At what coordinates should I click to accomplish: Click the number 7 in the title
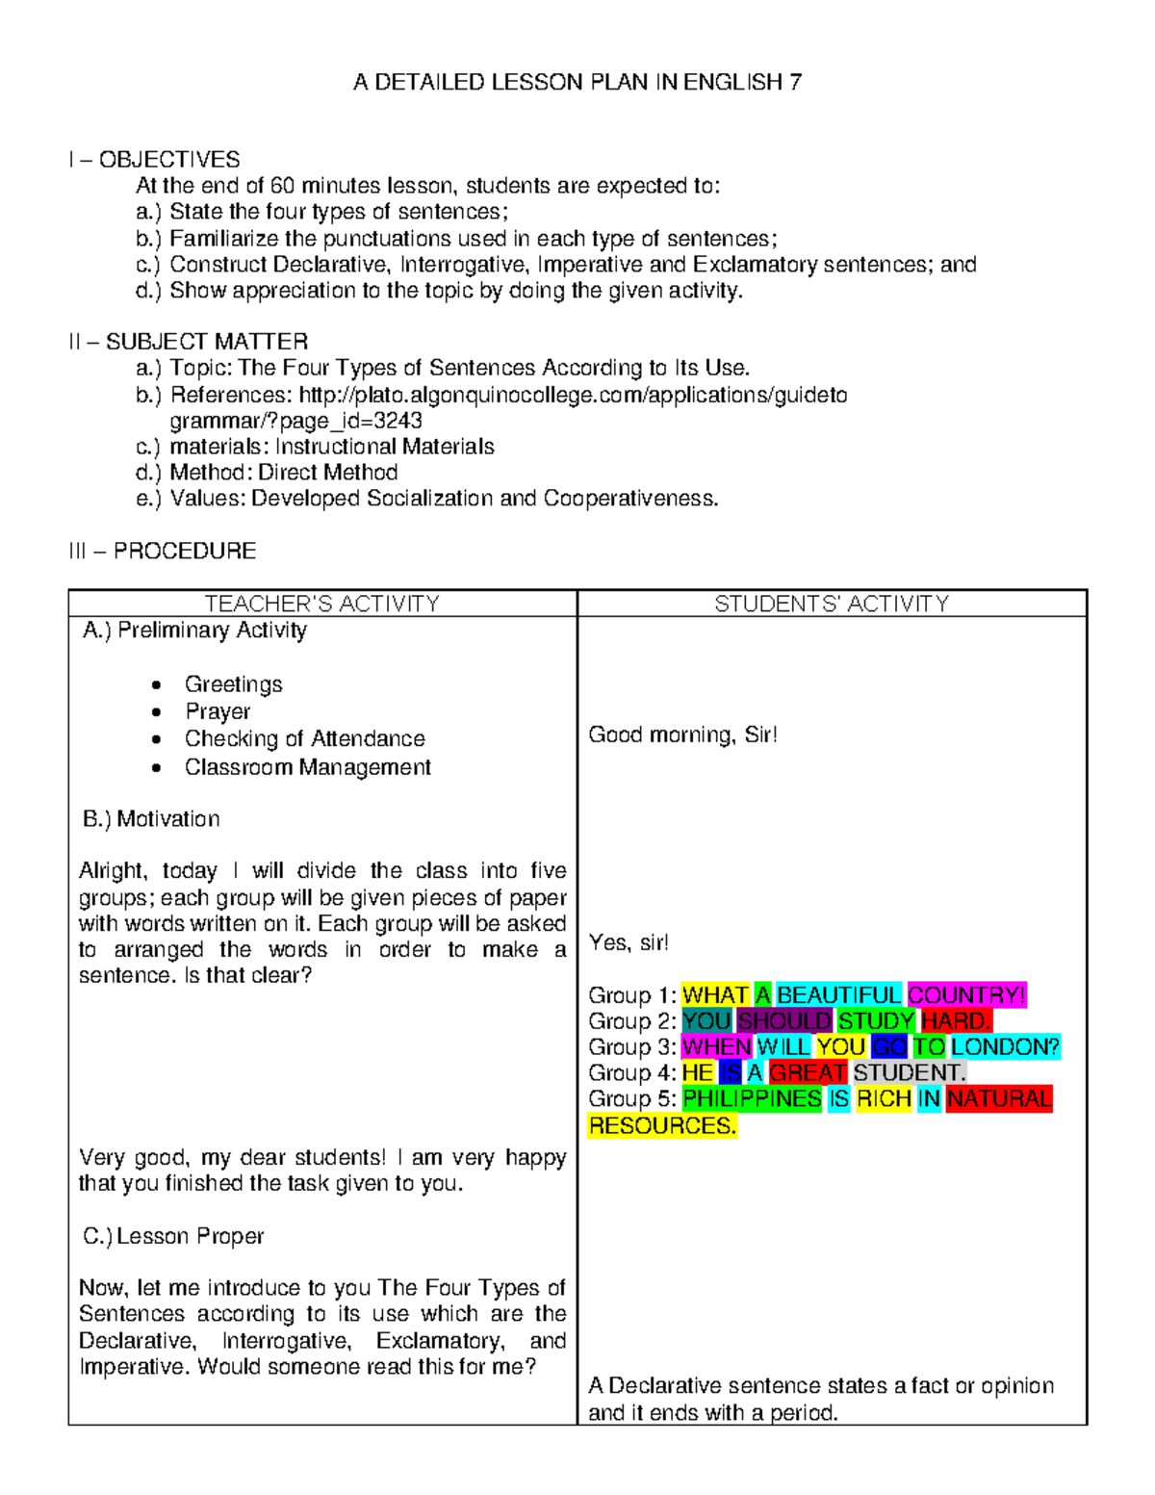(x=795, y=83)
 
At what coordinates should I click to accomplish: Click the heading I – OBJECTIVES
(x=154, y=160)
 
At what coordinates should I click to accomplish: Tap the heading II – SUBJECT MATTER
(x=189, y=342)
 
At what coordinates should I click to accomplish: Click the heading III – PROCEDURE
(x=162, y=551)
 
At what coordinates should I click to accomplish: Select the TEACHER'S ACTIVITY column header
(x=321, y=604)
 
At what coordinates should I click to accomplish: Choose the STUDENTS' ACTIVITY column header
(x=832, y=604)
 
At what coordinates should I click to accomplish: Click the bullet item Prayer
(x=218, y=711)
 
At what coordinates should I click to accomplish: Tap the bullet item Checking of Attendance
(x=304, y=738)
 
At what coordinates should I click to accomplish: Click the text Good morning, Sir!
(x=682, y=735)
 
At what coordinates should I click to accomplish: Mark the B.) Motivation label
(x=151, y=819)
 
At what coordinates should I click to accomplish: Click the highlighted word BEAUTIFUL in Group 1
(x=838, y=995)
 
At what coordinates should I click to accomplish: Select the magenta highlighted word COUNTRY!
(x=966, y=995)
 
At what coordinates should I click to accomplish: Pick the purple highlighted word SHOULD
(x=784, y=1021)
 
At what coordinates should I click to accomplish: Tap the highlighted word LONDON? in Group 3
(x=1005, y=1047)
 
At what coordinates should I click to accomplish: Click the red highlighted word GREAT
(x=808, y=1073)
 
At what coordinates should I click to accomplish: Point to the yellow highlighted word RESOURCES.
(x=662, y=1126)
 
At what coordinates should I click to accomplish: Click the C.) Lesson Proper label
(x=173, y=1236)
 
